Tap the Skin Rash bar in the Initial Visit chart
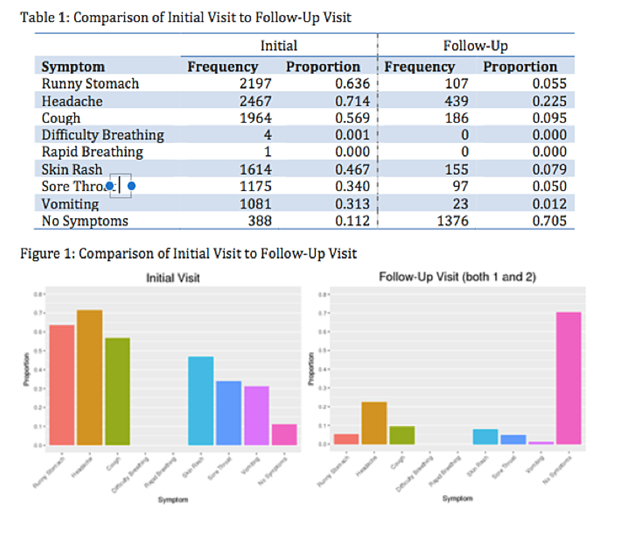click(x=200, y=400)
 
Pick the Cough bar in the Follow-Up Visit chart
click(x=402, y=435)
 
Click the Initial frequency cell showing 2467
click(x=255, y=101)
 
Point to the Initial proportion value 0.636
click(x=353, y=84)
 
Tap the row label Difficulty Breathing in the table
click(x=103, y=135)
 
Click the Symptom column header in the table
click(x=73, y=66)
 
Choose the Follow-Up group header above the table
click(x=475, y=46)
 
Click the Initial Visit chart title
click(x=173, y=278)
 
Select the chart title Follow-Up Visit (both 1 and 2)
click(x=457, y=277)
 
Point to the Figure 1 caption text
click(x=188, y=253)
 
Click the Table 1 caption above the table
click(x=186, y=18)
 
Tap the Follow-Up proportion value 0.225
click(x=549, y=101)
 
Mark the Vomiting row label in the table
click(x=70, y=204)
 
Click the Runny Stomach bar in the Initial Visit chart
click(x=62, y=385)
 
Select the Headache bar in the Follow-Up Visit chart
click(x=374, y=423)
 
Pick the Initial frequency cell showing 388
click(x=260, y=221)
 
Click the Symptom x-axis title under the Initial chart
click(x=173, y=499)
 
